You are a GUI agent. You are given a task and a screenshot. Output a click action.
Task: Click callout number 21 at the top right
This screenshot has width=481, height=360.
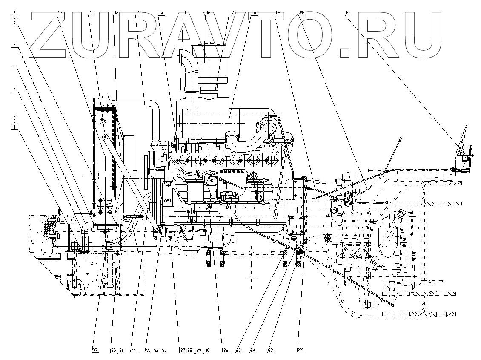(348, 13)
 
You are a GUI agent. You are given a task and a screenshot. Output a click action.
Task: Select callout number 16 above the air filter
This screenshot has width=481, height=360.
(208, 13)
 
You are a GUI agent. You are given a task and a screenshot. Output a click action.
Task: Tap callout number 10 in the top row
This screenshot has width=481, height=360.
(60, 13)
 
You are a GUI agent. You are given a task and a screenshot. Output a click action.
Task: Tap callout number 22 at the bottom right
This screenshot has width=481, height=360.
(300, 350)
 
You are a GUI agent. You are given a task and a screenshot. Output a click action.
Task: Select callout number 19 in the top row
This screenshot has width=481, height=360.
(277, 13)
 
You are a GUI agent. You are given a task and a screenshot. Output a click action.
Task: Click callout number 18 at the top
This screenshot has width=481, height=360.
(254, 13)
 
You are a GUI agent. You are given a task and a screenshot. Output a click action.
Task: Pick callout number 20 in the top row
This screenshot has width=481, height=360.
(302, 13)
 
